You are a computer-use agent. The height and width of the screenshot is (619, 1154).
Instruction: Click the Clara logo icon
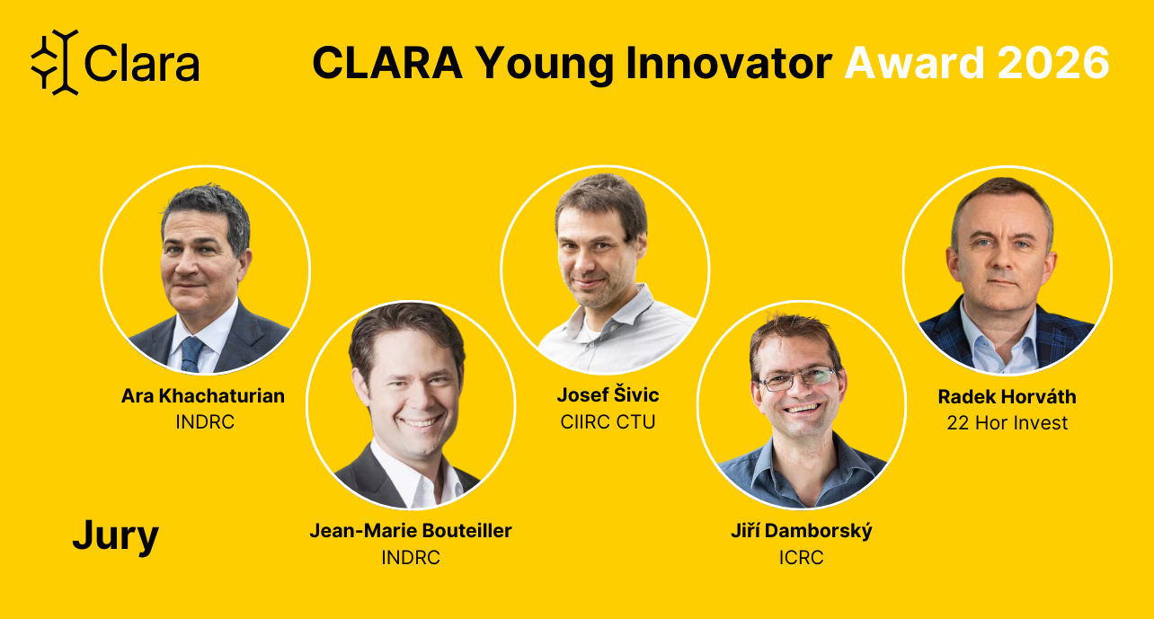coord(55,62)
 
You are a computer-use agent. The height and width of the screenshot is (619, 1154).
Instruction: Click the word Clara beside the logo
coord(142,63)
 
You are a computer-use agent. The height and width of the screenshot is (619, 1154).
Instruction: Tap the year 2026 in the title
coord(1053,63)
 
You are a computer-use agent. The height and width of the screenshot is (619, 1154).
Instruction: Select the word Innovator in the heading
coord(729,63)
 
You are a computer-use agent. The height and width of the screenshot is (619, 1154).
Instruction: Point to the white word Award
coord(914,63)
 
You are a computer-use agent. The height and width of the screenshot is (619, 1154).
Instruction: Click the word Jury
coord(115,536)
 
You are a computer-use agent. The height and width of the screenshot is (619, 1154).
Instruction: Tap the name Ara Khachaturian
coord(203,396)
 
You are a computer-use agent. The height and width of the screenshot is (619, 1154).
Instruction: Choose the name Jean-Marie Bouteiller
coord(411,531)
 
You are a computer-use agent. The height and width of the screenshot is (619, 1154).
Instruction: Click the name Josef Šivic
coord(608,395)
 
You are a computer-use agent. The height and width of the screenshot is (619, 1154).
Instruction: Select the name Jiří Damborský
coord(802,531)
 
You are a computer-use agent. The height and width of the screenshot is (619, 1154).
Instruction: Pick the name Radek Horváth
coord(1008,396)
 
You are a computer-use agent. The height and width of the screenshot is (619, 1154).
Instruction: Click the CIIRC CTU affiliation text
coord(608,421)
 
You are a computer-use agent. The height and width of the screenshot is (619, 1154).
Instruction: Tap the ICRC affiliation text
coord(801,557)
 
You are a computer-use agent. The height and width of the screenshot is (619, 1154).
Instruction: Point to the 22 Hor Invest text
coord(1008,423)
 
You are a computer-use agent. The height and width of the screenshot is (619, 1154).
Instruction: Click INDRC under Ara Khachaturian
coord(205,421)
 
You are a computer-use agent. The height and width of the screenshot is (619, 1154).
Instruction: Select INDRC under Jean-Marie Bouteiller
coord(411,557)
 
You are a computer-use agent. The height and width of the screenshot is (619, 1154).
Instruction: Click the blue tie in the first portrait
coord(191,354)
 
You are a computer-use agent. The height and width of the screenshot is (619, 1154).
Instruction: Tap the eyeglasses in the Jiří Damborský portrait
coord(797,379)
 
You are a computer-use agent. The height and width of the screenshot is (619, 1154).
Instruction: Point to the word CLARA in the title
coord(387,63)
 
